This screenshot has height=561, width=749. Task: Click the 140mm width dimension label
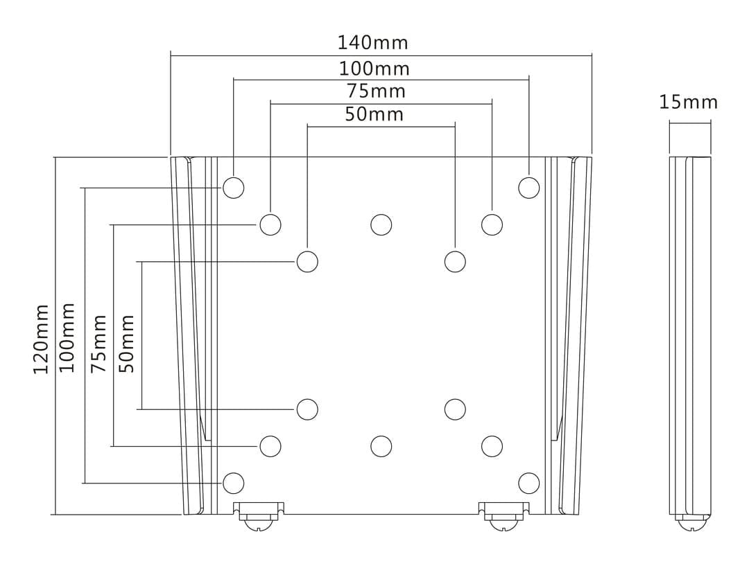[373, 42]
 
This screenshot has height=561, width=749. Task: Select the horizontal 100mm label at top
[374, 69]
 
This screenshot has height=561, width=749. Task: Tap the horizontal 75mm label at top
[376, 91]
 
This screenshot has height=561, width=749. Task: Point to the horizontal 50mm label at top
[374, 114]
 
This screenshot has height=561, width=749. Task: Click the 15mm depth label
[689, 103]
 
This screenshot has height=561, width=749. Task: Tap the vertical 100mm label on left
[67, 337]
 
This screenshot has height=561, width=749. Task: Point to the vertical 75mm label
[100, 343]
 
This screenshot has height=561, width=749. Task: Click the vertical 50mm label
[127, 344]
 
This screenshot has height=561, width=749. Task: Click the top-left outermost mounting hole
[234, 188]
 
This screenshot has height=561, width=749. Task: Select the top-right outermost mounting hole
[529, 188]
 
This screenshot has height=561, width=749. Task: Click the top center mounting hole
[381, 224]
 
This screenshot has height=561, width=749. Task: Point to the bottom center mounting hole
[381, 446]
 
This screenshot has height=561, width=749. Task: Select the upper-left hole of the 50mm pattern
[307, 262]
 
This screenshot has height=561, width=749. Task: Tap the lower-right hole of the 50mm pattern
[455, 409]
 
